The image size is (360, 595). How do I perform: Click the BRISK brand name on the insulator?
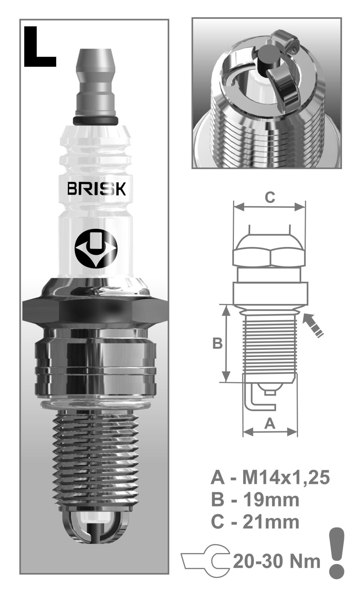pyautogui.click(x=96, y=189)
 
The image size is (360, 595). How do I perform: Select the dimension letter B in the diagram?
pyautogui.click(x=217, y=343)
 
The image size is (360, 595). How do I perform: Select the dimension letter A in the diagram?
pyautogui.click(x=270, y=423)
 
